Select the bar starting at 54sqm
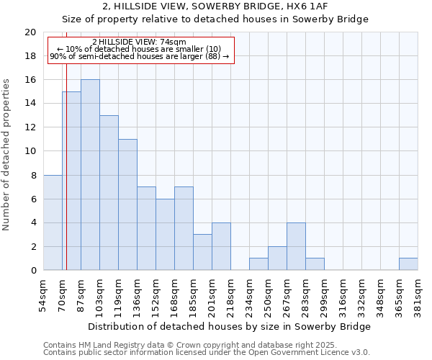pos(53,222)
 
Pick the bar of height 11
pos(127,204)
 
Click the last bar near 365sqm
pos(408,264)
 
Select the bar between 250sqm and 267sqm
pos(277,258)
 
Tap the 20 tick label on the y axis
pos(30,32)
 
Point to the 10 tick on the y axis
pos(30,151)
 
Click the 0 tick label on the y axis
pos(32,270)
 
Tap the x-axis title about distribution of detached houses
pos(230,326)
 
